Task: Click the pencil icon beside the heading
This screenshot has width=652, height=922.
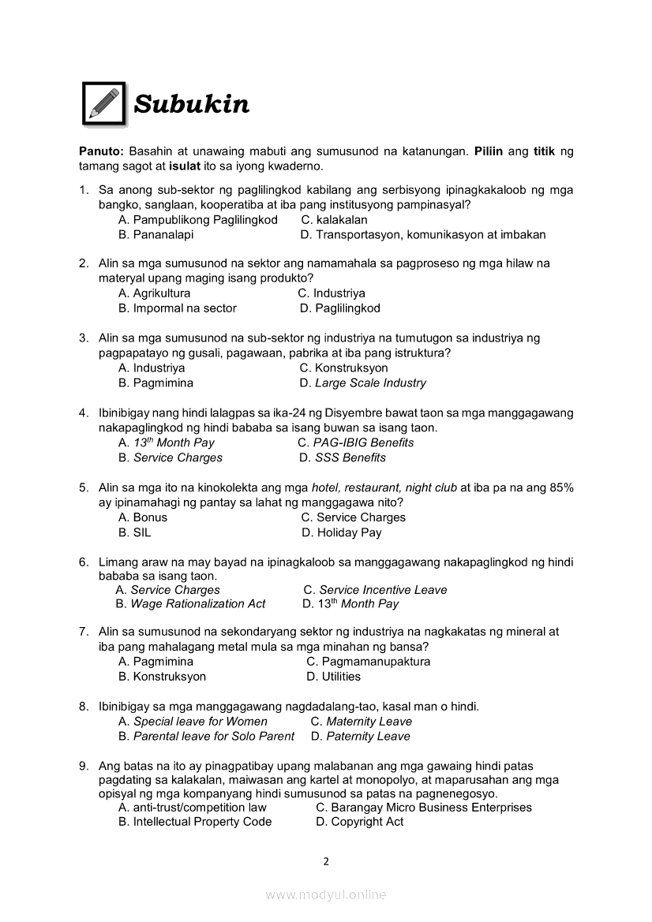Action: pyautogui.click(x=103, y=103)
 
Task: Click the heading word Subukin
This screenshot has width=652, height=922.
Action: pyautogui.click(x=191, y=104)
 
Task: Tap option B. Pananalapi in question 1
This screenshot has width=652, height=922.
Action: pyautogui.click(x=156, y=234)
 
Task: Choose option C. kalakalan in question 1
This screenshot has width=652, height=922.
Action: pyautogui.click(x=334, y=220)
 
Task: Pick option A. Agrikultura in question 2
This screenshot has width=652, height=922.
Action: pyautogui.click(x=154, y=293)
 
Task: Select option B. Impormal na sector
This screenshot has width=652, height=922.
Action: pyautogui.click(x=177, y=308)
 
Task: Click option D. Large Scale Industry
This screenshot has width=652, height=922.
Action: pyautogui.click(x=362, y=383)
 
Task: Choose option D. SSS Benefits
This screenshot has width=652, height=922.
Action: pyautogui.click(x=343, y=457)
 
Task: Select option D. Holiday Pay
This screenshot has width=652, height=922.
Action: pyautogui.click(x=341, y=532)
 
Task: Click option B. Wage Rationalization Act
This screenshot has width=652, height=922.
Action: pyautogui.click(x=190, y=604)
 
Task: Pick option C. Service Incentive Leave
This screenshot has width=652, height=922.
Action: pyautogui.click(x=375, y=590)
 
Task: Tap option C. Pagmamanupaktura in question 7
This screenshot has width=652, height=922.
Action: pyautogui.click(x=368, y=662)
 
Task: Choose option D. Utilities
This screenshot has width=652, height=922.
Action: pyautogui.click(x=333, y=677)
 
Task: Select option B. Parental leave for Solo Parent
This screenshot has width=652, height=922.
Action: pyautogui.click(x=206, y=736)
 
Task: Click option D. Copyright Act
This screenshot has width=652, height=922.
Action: pyautogui.click(x=359, y=822)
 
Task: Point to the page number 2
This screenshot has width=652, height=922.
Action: pyautogui.click(x=325, y=861)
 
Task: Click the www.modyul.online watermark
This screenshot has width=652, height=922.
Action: pyautogui.click(x=326, y=894)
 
